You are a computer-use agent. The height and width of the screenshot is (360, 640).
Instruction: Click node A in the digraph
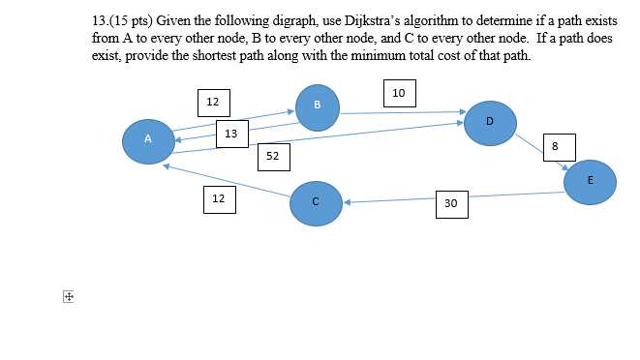[147, 141]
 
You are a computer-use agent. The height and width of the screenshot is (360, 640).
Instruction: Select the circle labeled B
[318, 107]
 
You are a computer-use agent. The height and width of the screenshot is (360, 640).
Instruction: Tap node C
[315, 203]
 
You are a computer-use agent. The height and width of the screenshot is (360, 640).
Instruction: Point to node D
[489, 123]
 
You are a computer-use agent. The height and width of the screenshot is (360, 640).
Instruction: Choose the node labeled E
[590, 182]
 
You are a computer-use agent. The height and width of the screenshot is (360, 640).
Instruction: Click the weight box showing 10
[399, 93]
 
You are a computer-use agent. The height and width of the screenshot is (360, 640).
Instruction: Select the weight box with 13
[231, 134]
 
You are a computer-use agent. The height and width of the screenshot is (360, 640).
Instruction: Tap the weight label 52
[272, 155]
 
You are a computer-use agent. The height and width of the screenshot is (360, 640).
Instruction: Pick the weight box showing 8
[555, 146]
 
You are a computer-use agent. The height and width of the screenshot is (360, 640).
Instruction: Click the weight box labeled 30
[450, 203]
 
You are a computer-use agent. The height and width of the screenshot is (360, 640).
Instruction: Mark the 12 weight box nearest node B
[213, 102]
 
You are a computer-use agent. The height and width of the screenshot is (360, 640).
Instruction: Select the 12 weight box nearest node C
[219, 199]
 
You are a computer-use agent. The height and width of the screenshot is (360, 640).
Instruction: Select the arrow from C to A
[228, 181]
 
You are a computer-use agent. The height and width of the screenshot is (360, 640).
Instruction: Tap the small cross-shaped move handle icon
[68, 298]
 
